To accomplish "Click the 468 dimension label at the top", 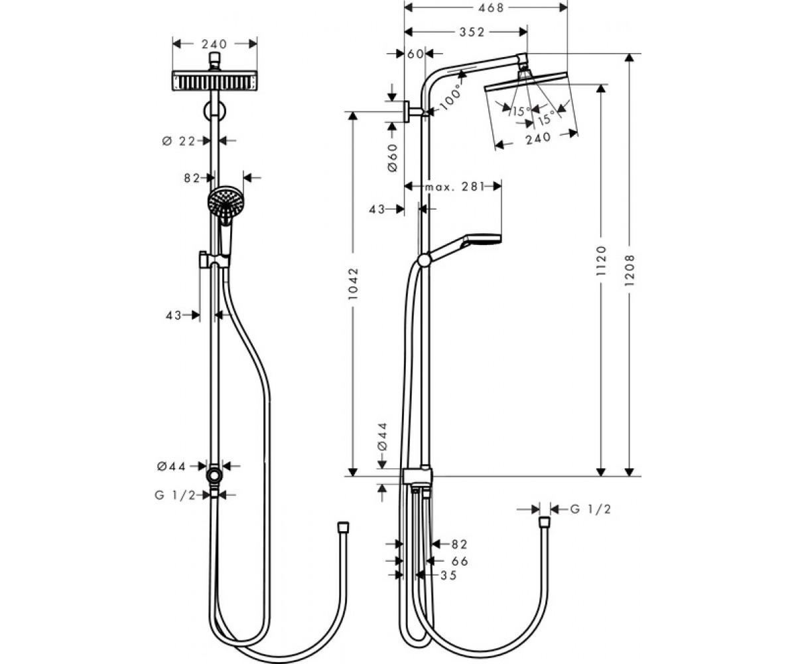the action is (491, 8).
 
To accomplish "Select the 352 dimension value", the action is (472, 33).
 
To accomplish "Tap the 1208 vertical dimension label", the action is (630, 270).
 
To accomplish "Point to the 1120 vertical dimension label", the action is (601, 261).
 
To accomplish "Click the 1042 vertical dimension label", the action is (353, 284).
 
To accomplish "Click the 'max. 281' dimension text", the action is (454, 187).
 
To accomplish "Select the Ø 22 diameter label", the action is (178, 141).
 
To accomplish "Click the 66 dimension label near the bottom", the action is (460, 561).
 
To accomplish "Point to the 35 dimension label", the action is (448, 576).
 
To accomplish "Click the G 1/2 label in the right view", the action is (590, 509).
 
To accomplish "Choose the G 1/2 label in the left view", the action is (175, 495).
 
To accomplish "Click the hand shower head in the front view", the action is (225, 203).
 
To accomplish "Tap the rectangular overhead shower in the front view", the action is (215, 81).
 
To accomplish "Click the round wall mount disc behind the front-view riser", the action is (214, 111).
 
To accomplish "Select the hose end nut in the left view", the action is (343, 527).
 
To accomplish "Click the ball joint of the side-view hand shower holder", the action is (425, 261).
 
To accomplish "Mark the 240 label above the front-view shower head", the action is (214, 44).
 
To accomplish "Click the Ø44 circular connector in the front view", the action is (215, 475).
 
